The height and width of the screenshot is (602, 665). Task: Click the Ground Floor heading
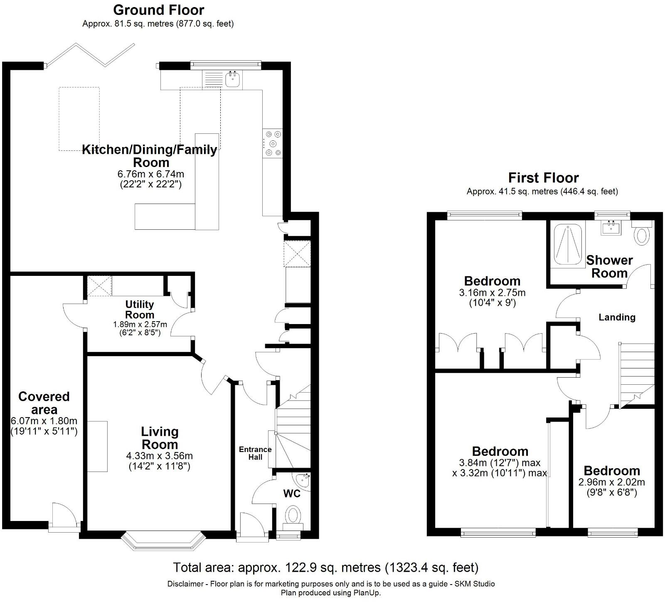158,10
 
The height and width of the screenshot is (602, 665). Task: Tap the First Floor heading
543,178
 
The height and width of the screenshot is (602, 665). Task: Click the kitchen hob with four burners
273,144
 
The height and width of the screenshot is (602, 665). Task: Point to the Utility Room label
140,310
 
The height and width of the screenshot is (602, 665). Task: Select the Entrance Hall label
255,453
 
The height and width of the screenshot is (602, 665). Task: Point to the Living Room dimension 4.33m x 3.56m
160,456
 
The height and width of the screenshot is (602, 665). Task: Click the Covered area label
44,403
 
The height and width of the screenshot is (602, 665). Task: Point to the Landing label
617,317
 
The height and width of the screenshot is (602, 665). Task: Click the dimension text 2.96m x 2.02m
611,482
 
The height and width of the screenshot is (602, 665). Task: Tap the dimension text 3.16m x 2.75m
492,292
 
